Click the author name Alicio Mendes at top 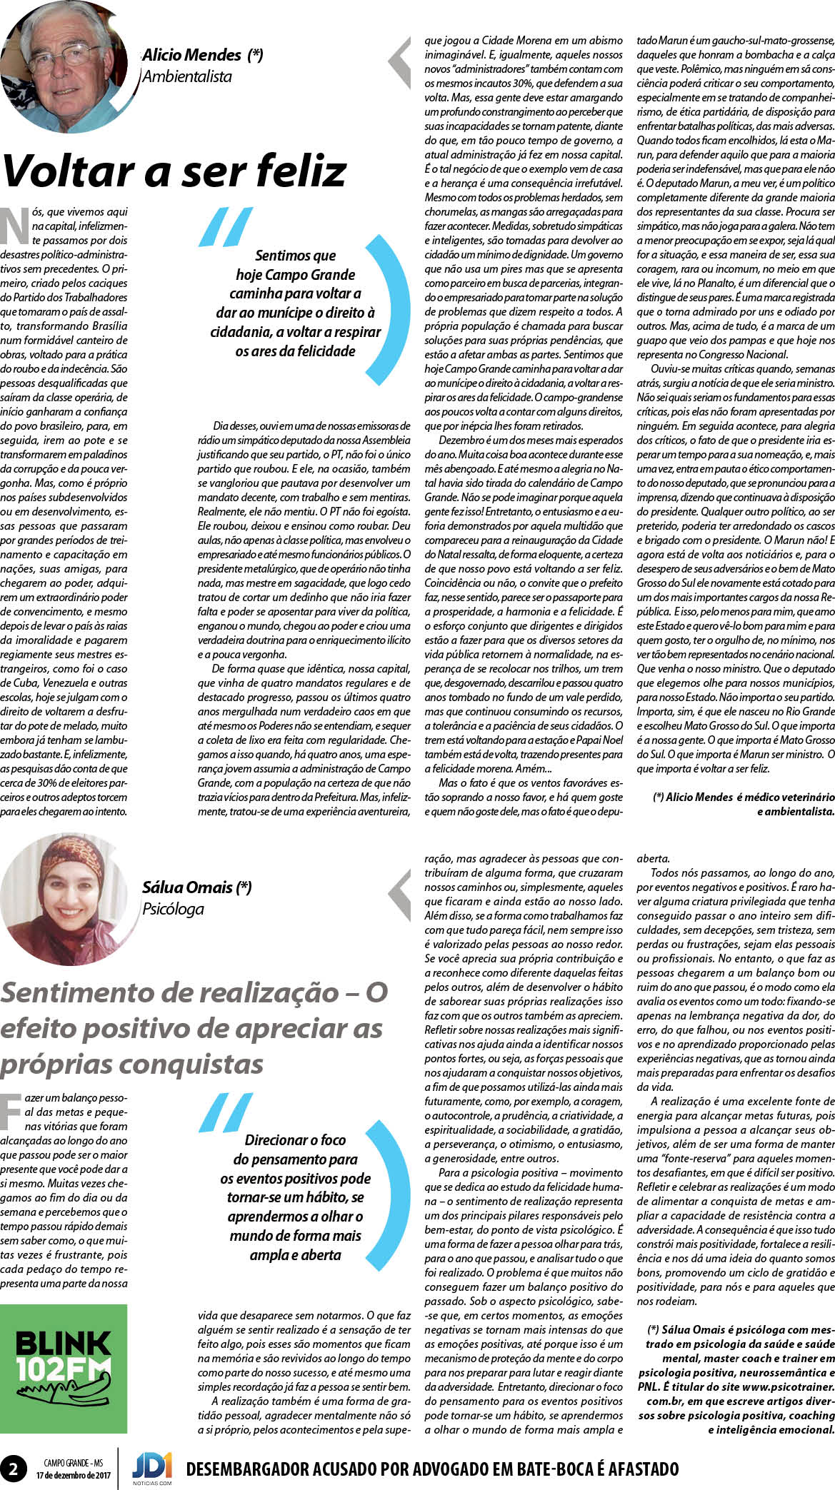(191, 55)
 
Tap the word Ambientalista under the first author (187, 76)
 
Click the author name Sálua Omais (187, 887)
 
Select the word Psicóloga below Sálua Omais (173, 909)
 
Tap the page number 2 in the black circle (14, 1469)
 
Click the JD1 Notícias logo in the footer (151, 1467)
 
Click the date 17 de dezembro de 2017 (74, 1475)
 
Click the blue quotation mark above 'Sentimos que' (225, 226)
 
